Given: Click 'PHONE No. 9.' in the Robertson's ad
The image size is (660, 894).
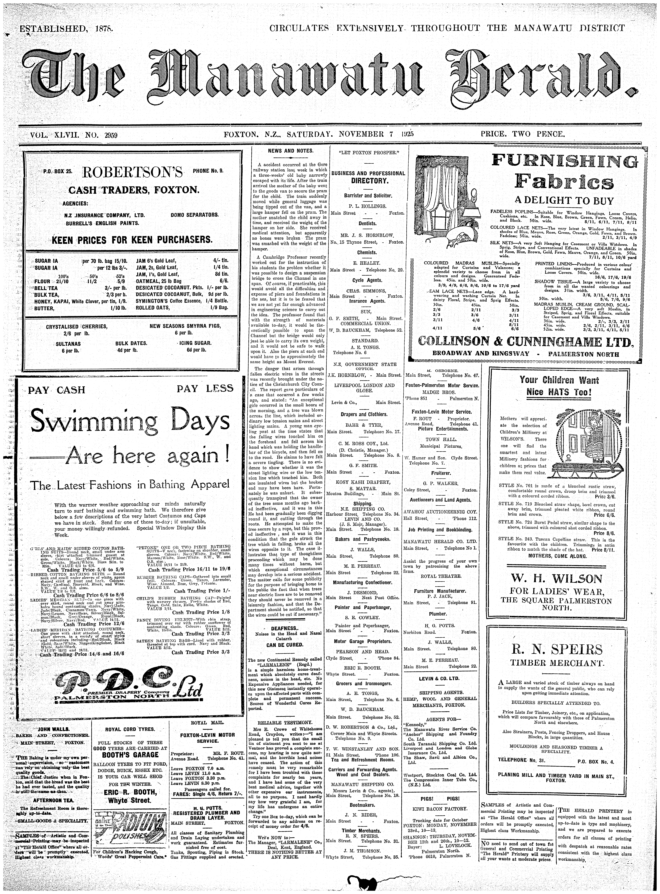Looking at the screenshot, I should [208, 171].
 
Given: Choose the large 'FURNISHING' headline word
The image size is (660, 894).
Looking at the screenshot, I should [565, 161].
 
